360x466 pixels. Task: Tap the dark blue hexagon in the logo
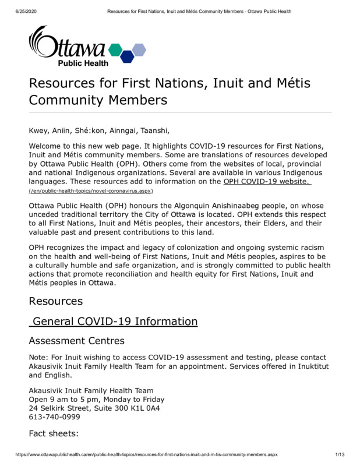pyautogui.click(x=128, y=57)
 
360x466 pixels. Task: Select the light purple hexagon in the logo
pyautogui.click(x=139, y=49)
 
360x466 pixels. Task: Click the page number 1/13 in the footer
pyautogui.click(x=341, y=454)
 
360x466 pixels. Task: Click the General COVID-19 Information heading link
pyautogui.click(x=115, y=322)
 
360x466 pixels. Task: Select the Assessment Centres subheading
pyautogui.click(x=76, y=341)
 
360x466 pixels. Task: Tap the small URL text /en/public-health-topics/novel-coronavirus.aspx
pyautogui.click(x=91, y=191)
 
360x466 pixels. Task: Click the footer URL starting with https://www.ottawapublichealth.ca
pyautogui.click(x=146, y=454)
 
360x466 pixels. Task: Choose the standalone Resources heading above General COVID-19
pyautogui.click(x=56, y=301)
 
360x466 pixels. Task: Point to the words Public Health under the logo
pyautogui.click(x=82, y=63)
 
